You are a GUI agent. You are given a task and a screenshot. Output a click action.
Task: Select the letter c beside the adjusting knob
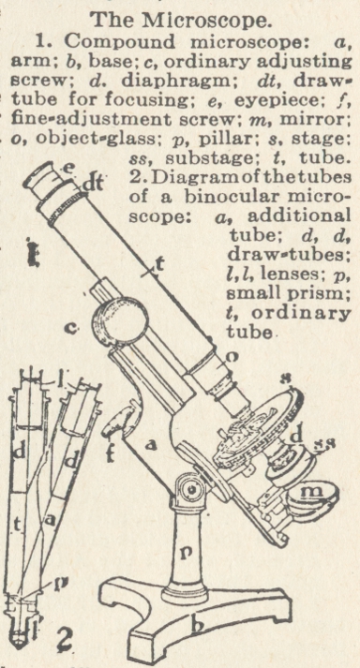point(73,328)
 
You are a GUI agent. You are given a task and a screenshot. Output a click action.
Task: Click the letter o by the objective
point(232,357)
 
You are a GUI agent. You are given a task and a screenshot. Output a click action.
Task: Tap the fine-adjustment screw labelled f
point(117,423)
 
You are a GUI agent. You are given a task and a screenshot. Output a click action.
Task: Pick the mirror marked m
point(312,498)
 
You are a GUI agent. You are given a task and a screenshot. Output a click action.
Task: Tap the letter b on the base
point(197,626)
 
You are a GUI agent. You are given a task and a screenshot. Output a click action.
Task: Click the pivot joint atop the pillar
point(188,489)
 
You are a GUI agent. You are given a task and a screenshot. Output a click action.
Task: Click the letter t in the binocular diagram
point(18,527)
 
